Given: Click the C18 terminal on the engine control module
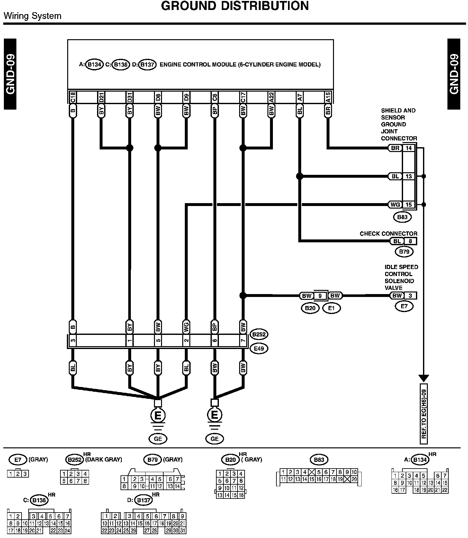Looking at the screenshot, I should point(73,97).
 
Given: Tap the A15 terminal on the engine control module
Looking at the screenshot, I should point(328,97).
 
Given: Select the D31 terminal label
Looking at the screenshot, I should point(130,97).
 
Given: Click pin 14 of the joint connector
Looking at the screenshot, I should point(409,148).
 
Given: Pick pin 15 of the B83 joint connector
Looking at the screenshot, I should point(409,205).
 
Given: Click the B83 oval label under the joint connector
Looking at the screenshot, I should point(402,217).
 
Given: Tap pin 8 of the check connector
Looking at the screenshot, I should point(410,241).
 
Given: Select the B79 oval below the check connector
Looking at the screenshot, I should point(404,252).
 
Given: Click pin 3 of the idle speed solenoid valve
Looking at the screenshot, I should point(410,296).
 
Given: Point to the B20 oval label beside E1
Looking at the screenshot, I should point(310,308).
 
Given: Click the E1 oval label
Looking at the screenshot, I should point(331,308).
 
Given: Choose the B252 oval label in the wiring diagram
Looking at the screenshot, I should point(259,334).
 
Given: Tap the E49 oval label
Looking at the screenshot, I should point(259,348).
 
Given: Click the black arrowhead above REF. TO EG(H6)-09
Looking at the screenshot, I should point(424,378).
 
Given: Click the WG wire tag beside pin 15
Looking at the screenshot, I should point(395,205).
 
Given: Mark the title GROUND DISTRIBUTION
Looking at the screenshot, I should point(235,6).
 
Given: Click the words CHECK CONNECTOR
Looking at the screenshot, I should point(388,234).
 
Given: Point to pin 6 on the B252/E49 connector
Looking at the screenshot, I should point(215,341).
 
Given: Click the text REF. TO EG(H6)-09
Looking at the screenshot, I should point(424,414).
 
